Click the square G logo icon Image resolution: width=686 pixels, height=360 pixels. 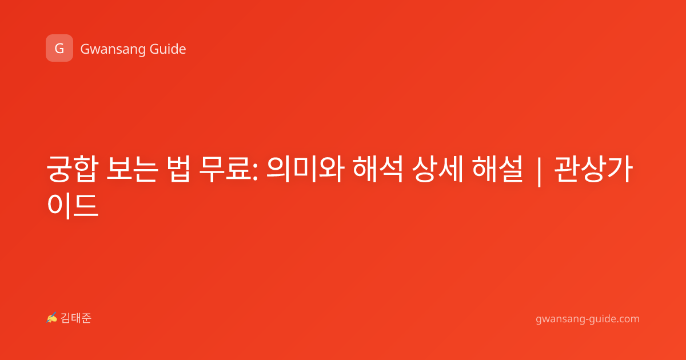(59, 48)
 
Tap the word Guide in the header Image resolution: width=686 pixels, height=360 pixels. (167, 49)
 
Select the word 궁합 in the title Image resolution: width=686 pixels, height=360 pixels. (73, 169)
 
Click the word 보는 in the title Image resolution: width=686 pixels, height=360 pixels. (132, 169)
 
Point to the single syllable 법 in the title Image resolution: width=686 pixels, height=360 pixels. (179, 169)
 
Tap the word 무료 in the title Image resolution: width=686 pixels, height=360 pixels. (225, 169)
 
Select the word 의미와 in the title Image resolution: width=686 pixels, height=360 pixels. (306, 169)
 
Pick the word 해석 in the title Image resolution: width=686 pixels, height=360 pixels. (378, 169)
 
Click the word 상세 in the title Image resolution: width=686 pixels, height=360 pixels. (437, 169)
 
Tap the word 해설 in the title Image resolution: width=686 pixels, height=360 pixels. (497, 169)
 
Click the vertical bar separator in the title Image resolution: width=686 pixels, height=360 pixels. (539, 171)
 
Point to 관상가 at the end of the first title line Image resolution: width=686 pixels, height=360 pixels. (593, 169)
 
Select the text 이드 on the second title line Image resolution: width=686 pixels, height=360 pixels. (73, 205)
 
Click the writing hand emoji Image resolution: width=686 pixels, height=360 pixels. (51, 318)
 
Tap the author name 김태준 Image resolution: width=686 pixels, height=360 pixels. (76, 318)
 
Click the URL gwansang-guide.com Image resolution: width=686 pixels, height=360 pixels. (588, 319)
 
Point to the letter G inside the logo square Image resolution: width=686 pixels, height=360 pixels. (59, 49)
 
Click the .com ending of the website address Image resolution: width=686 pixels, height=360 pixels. (628, 319)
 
